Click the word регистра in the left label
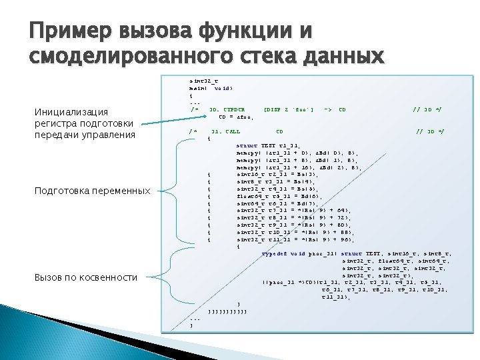[57, 123]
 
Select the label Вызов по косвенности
[85, 277]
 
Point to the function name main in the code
[199, 87]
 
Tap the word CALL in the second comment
[233, 131]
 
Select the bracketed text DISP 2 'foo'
[289, 108]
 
